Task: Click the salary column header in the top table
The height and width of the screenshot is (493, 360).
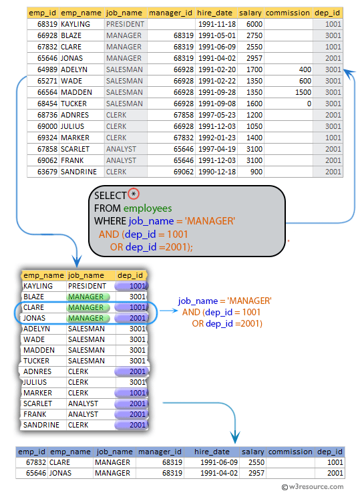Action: [250, 13]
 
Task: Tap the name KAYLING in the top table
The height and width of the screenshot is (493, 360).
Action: [75, 23]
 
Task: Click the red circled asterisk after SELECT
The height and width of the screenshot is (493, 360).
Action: [134, 194]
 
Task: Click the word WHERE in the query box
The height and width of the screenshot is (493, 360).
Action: [110, 221]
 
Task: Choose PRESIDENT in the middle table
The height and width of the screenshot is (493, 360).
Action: [87, 286]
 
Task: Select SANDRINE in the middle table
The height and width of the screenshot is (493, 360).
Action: [41, 425]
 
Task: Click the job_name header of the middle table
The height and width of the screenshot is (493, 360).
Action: [86, 275]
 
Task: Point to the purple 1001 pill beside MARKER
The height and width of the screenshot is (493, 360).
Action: [130, 393]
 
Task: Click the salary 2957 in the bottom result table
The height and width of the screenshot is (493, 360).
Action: [255, 473]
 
